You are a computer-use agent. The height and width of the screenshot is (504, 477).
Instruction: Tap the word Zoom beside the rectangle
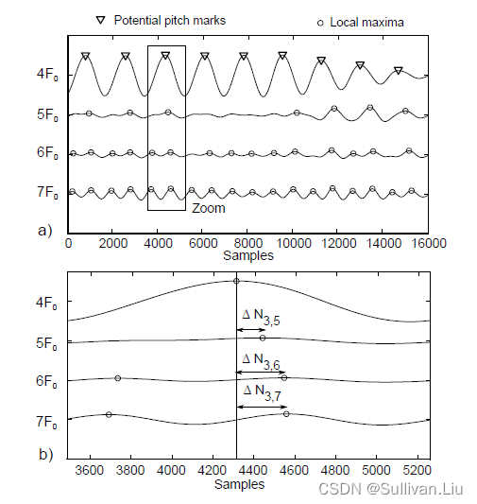208,208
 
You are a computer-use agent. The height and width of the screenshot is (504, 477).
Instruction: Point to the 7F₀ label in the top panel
48,193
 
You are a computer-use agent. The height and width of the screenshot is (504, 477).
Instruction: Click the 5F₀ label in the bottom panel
48,342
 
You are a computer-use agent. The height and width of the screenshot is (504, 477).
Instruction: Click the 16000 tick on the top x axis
429,242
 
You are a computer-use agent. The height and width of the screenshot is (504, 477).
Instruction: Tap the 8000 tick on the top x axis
247,242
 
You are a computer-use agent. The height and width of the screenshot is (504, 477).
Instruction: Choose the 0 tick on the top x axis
68,242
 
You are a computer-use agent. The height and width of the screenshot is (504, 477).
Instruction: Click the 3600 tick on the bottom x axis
90,470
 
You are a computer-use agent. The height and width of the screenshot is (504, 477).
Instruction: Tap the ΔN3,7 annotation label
262,392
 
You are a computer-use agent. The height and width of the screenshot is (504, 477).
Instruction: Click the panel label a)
46,229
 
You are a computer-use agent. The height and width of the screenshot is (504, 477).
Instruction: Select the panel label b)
46,455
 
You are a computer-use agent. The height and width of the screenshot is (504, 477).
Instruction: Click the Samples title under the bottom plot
239,484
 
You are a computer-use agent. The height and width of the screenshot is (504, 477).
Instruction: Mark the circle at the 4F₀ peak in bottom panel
236,281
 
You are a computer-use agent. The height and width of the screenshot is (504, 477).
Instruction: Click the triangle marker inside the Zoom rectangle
165,56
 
